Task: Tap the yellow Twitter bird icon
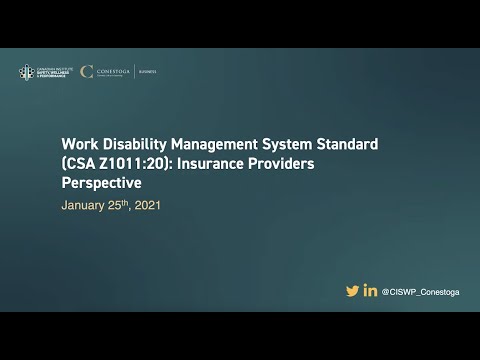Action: pos(352,291)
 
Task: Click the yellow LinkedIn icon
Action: pos(370,291)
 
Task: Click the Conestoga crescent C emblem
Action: pos(86,72)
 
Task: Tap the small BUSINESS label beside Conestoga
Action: pos(147,72)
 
